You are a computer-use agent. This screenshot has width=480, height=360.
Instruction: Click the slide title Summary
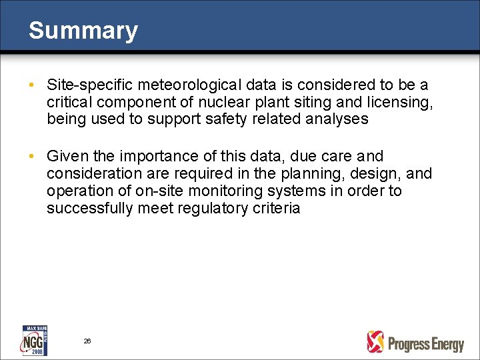[x=83, y=31]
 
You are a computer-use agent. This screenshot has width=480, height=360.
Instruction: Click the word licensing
[x=401, y=103]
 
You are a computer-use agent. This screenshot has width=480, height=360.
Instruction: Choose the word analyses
[x=335, y=120]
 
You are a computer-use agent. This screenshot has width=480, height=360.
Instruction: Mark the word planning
[x=313, y=174]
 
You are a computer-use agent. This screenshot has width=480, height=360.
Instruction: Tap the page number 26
[x=87, y=341]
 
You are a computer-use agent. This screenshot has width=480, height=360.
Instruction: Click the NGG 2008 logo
[x=34, y=341]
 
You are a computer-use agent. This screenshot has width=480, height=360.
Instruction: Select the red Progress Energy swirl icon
[x=376, y=342]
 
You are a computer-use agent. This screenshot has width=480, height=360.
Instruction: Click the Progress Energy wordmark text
[x=425, y=343]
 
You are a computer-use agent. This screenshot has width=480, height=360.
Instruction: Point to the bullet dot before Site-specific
[x=32, y=86]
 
